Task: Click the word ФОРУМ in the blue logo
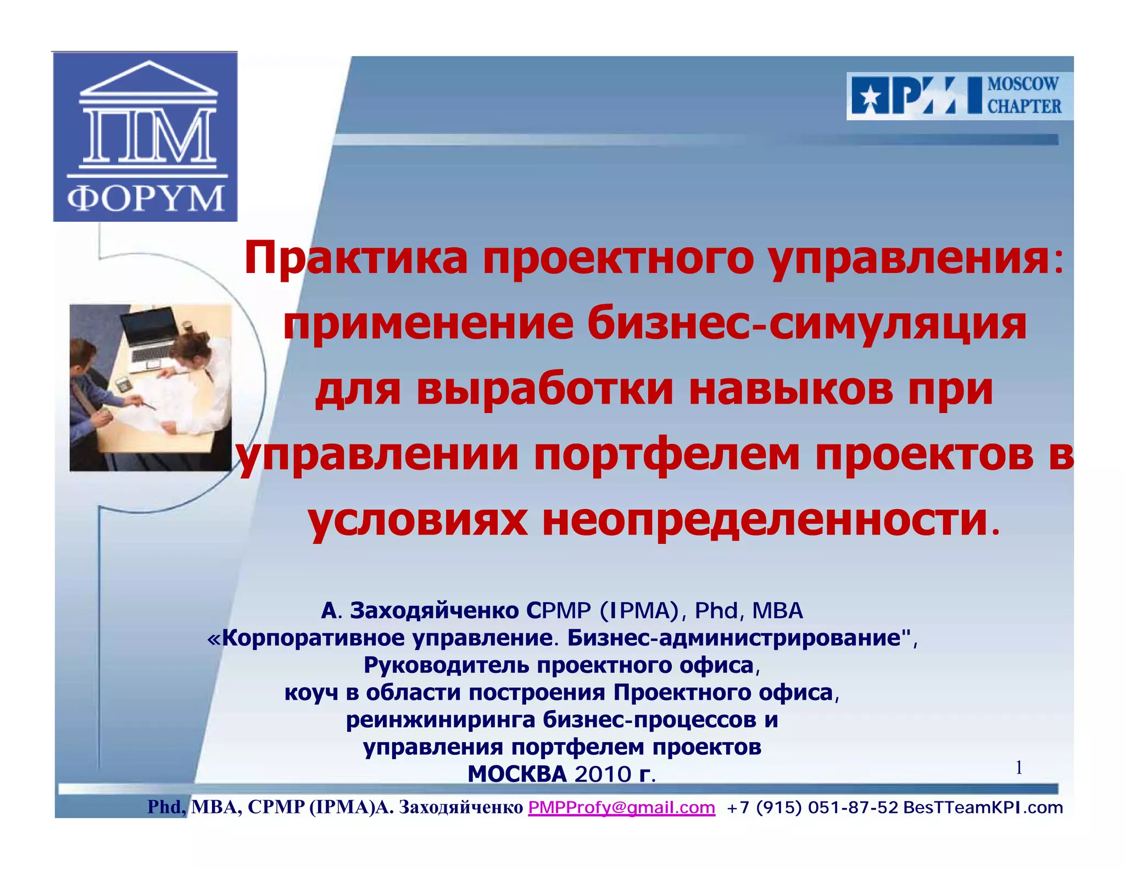tap(146, 198)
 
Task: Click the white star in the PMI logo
tap(870, 97)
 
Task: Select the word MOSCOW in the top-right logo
tap(1023, 84)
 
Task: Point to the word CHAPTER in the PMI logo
tap(1024, 106)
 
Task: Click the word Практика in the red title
tap(356, 258)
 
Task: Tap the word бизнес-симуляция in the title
tap(806, 324)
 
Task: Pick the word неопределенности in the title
tap(765, 520)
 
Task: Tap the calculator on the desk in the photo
tap(124, 383)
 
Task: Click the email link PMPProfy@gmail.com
tap(621, 807)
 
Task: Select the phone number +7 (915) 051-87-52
tap(812, 807)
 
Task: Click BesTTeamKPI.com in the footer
tap(983, 807)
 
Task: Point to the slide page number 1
tap(1018, 767)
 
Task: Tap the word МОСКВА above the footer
tap(517, 774)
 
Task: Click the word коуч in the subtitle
tap(311, 692)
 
